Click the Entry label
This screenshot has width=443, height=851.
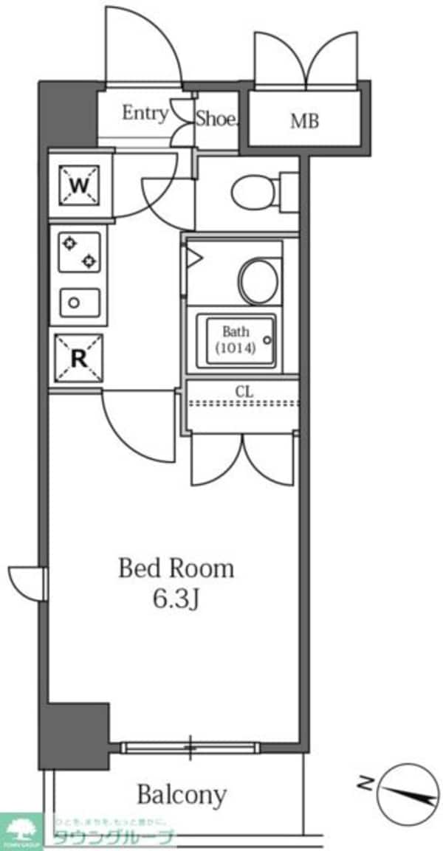coord(145,114)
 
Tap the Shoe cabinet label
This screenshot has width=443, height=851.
coord(216,120)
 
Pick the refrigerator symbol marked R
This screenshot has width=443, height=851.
coord(78,359)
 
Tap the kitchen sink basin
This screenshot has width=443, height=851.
coord(78,302)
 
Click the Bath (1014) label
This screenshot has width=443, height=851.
coord(236,340)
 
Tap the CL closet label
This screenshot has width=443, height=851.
coord(244,391)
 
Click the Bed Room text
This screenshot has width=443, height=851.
coord(176,568)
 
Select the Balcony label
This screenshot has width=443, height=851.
coord(182,795)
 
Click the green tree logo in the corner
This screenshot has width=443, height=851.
coord(21,830)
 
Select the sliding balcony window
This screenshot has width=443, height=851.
coord(190,748)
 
